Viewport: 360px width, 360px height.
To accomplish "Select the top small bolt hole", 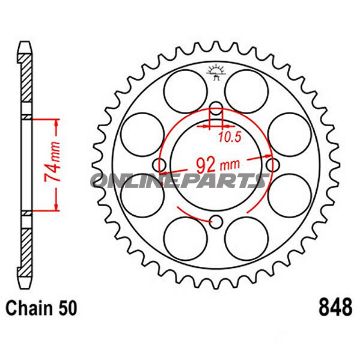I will (214, 109).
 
